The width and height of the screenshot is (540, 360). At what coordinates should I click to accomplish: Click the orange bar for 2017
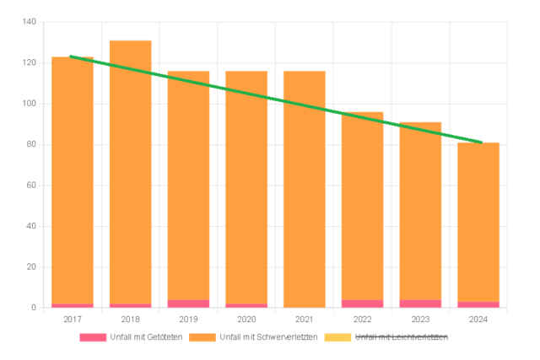[x=73, y=185]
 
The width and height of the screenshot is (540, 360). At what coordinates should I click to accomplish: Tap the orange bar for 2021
[x=305, y=194]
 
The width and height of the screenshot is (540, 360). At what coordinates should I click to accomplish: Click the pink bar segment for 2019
[x=188, y=304]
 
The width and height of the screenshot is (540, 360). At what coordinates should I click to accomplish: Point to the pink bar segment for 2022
[x=363, y=304]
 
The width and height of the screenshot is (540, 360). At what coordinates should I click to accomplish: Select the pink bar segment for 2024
[x=478, y=304]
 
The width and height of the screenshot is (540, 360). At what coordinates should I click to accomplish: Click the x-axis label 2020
[x=246, y=320]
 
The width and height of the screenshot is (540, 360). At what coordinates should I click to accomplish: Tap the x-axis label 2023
[x=420, y=320]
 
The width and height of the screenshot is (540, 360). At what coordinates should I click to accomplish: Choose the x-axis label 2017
[x=73, y=320]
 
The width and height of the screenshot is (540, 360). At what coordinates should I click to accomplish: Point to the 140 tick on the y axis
[x=28, y=23]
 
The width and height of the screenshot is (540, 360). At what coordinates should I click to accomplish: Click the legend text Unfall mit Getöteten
[x=146, y=337]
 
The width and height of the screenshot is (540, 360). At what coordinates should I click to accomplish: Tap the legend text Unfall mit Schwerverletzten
[x=268, y=337]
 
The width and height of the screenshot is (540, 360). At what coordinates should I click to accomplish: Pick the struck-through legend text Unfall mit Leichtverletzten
[x=401, y=337]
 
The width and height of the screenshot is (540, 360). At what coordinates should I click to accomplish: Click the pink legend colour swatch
[x=93, y=337]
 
